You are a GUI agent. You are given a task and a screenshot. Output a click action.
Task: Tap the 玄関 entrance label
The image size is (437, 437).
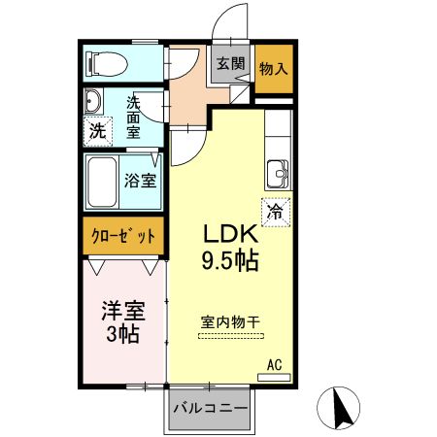tap(229, 64)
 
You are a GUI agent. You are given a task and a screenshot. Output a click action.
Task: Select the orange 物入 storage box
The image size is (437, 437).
tap(273, 69)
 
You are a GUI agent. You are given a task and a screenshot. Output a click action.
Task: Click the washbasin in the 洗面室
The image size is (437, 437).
tap(93, 103)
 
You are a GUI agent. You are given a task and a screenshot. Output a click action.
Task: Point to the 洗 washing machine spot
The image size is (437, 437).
tap(96, 131)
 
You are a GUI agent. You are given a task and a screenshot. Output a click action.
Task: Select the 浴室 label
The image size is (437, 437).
tap(140, 180)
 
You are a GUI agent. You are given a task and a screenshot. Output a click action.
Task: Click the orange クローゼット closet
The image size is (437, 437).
tap(122, 237)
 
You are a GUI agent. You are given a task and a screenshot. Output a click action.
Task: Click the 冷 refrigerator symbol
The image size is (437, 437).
tap(276, 209)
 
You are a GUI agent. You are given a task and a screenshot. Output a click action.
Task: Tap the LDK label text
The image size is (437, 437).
tap(229, 236)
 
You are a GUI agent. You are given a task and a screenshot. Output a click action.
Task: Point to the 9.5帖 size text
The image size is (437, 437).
tap(229, 260)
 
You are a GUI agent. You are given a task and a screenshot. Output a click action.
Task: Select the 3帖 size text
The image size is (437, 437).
tap(122, 335)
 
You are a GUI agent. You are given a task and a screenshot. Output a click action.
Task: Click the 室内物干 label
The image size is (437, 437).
tap(229, 320)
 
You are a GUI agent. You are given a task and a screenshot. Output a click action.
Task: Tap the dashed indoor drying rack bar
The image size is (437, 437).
tap(231, 336)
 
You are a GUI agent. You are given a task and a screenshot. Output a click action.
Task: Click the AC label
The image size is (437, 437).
tap(274, 364)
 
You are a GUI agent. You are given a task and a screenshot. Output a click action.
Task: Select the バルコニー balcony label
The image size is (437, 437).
tap(210, 408)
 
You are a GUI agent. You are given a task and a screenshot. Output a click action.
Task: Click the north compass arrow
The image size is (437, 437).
tap(342, 408)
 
